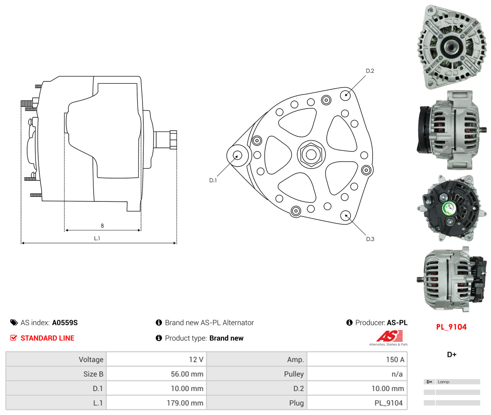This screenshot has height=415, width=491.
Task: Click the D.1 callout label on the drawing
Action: click(x=213, y=180)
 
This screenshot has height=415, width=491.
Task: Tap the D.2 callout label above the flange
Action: click(x=369, y=71)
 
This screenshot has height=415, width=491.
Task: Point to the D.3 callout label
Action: click(x=370, y=239)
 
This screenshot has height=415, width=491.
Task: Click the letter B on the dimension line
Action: click(x=102, y=225)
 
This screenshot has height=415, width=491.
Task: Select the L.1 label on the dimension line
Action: click(x=97, y=238)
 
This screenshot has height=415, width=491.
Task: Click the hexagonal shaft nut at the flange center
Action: click(x=311, y=154)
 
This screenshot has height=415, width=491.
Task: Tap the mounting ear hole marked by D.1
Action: click(x=237, y=156)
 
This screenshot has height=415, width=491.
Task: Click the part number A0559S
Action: click(x=65, y=323)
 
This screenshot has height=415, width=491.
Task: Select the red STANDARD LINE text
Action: click(x=47, y=338)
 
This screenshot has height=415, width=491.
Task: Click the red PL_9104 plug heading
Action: click(x=451, y=327)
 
